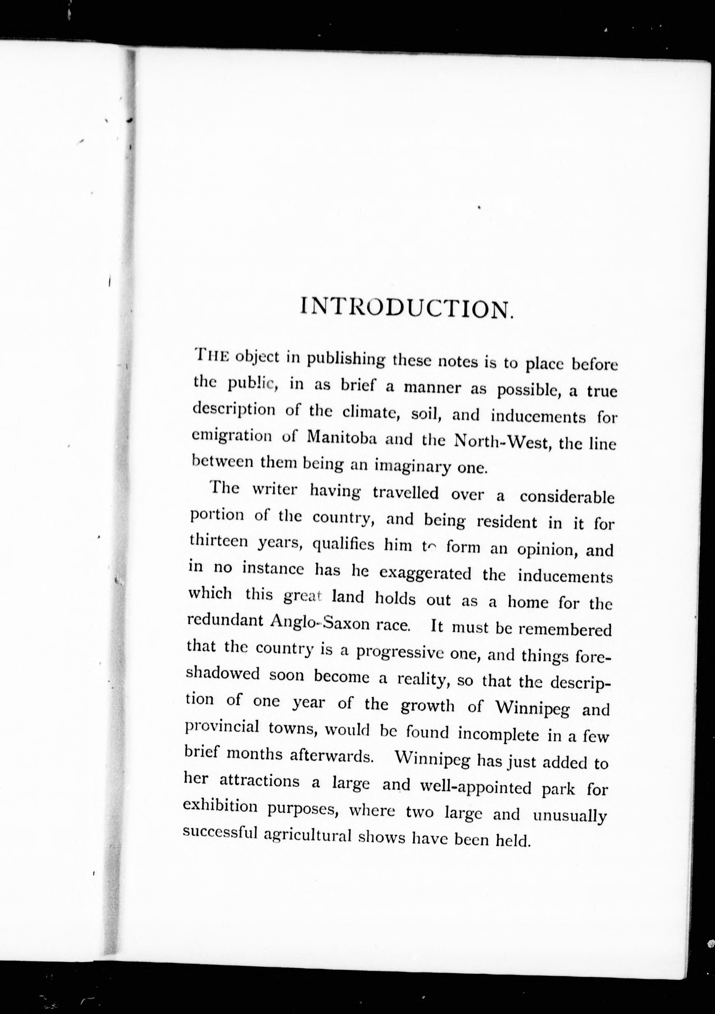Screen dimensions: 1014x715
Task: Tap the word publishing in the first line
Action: click(x=346, y=359)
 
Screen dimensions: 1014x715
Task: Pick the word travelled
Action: click(x=406, y=492)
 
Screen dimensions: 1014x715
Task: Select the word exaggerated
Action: click(x=425, y=573)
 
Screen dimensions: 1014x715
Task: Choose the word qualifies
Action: click(x=343, y=545)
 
